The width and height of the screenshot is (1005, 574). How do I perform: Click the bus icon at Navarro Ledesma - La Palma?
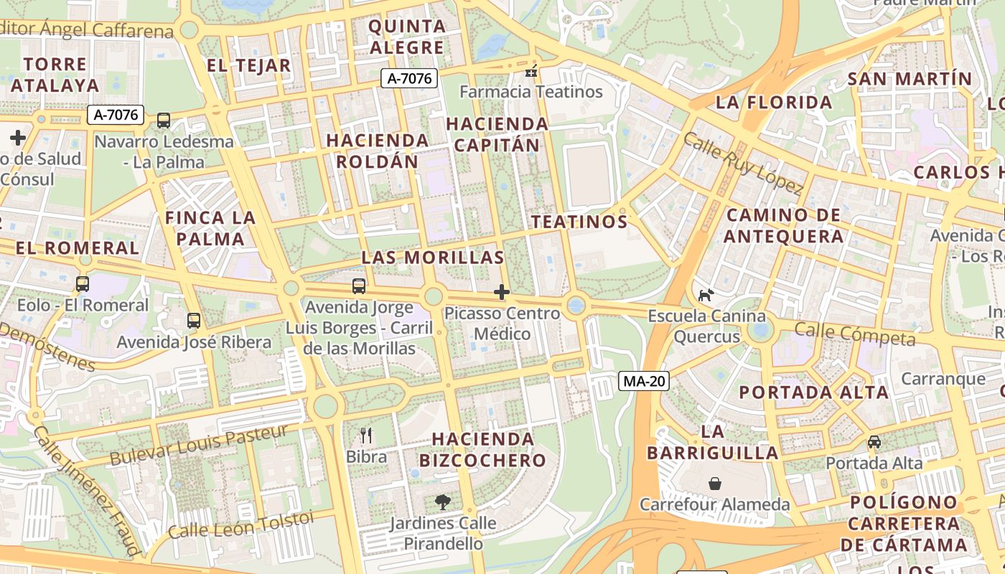164,121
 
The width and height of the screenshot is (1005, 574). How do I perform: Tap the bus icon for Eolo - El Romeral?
83,284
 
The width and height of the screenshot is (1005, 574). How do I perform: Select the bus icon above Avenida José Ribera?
194,321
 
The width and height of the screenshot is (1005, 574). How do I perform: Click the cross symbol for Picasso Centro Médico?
502,292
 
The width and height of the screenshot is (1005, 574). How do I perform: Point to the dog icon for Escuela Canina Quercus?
706,295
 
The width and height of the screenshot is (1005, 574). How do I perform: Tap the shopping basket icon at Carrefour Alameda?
715,484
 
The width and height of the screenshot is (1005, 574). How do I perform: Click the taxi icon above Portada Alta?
874,442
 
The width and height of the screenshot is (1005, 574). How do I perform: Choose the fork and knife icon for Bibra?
366,435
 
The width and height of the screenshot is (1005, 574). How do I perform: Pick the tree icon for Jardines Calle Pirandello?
443,502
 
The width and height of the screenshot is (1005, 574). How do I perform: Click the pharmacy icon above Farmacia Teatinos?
531,70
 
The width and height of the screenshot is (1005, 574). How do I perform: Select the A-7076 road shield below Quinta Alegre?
408,79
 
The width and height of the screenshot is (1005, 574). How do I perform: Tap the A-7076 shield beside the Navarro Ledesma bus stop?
116,115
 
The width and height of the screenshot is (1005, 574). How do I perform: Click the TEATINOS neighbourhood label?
579,222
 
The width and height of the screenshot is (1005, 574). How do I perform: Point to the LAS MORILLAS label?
432,258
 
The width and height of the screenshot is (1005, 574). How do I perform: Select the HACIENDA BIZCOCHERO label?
483,449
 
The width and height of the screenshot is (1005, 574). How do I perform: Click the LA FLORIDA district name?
774,103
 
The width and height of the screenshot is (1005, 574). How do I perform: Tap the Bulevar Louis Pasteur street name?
199,445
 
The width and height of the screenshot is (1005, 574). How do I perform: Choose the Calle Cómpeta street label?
855,334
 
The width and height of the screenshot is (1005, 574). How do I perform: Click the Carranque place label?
943,379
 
